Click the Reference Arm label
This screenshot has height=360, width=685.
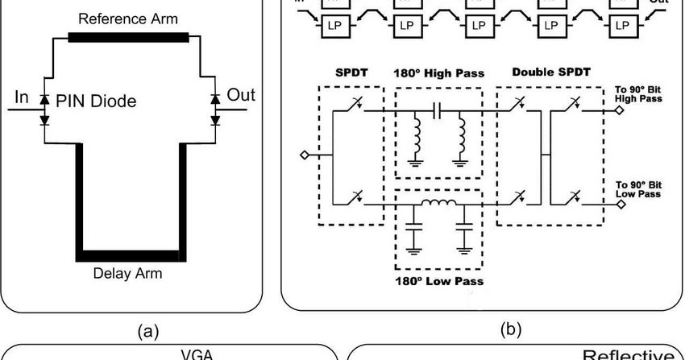pos(129,17)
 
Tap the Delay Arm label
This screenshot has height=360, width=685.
pos(127,273)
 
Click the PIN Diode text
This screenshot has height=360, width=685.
pos(96,101)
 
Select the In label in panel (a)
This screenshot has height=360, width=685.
pos(22,97)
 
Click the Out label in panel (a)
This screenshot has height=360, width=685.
pos(240,95)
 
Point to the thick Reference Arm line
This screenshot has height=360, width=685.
pos(128,37)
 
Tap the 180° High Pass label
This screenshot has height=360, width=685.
pos(439,73)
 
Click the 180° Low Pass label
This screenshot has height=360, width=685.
pos(439,281)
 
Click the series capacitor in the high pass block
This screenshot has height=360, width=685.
pos(439,109)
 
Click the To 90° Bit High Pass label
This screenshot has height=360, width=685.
pos(638,93)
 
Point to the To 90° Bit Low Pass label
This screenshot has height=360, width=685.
pos(638,188)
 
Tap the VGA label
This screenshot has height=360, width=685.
pos(189,354)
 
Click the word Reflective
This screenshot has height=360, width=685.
pos(629,354)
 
